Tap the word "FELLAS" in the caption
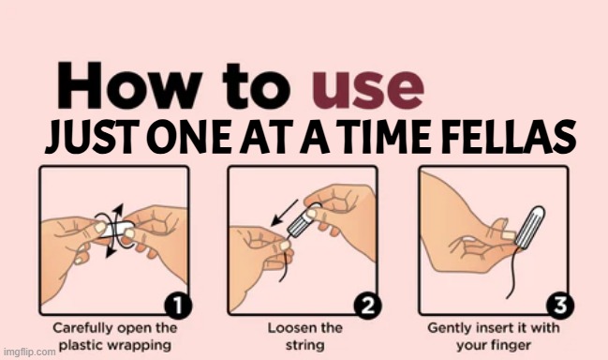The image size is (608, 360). tap(509, 136)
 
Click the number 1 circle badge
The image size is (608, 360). tap(178, 307)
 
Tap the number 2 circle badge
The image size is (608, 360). tap(367, 307)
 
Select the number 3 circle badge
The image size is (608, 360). tap(560, 307)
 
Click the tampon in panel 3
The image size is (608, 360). tap(530, 227)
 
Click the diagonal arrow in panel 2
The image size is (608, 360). tap(284, 213)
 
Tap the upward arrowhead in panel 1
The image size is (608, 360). tap(119, 209)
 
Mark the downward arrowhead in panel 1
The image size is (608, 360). tap(111, 250)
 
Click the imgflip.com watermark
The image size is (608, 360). tap(29, 352)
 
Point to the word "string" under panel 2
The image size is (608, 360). tap(304, 345)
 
